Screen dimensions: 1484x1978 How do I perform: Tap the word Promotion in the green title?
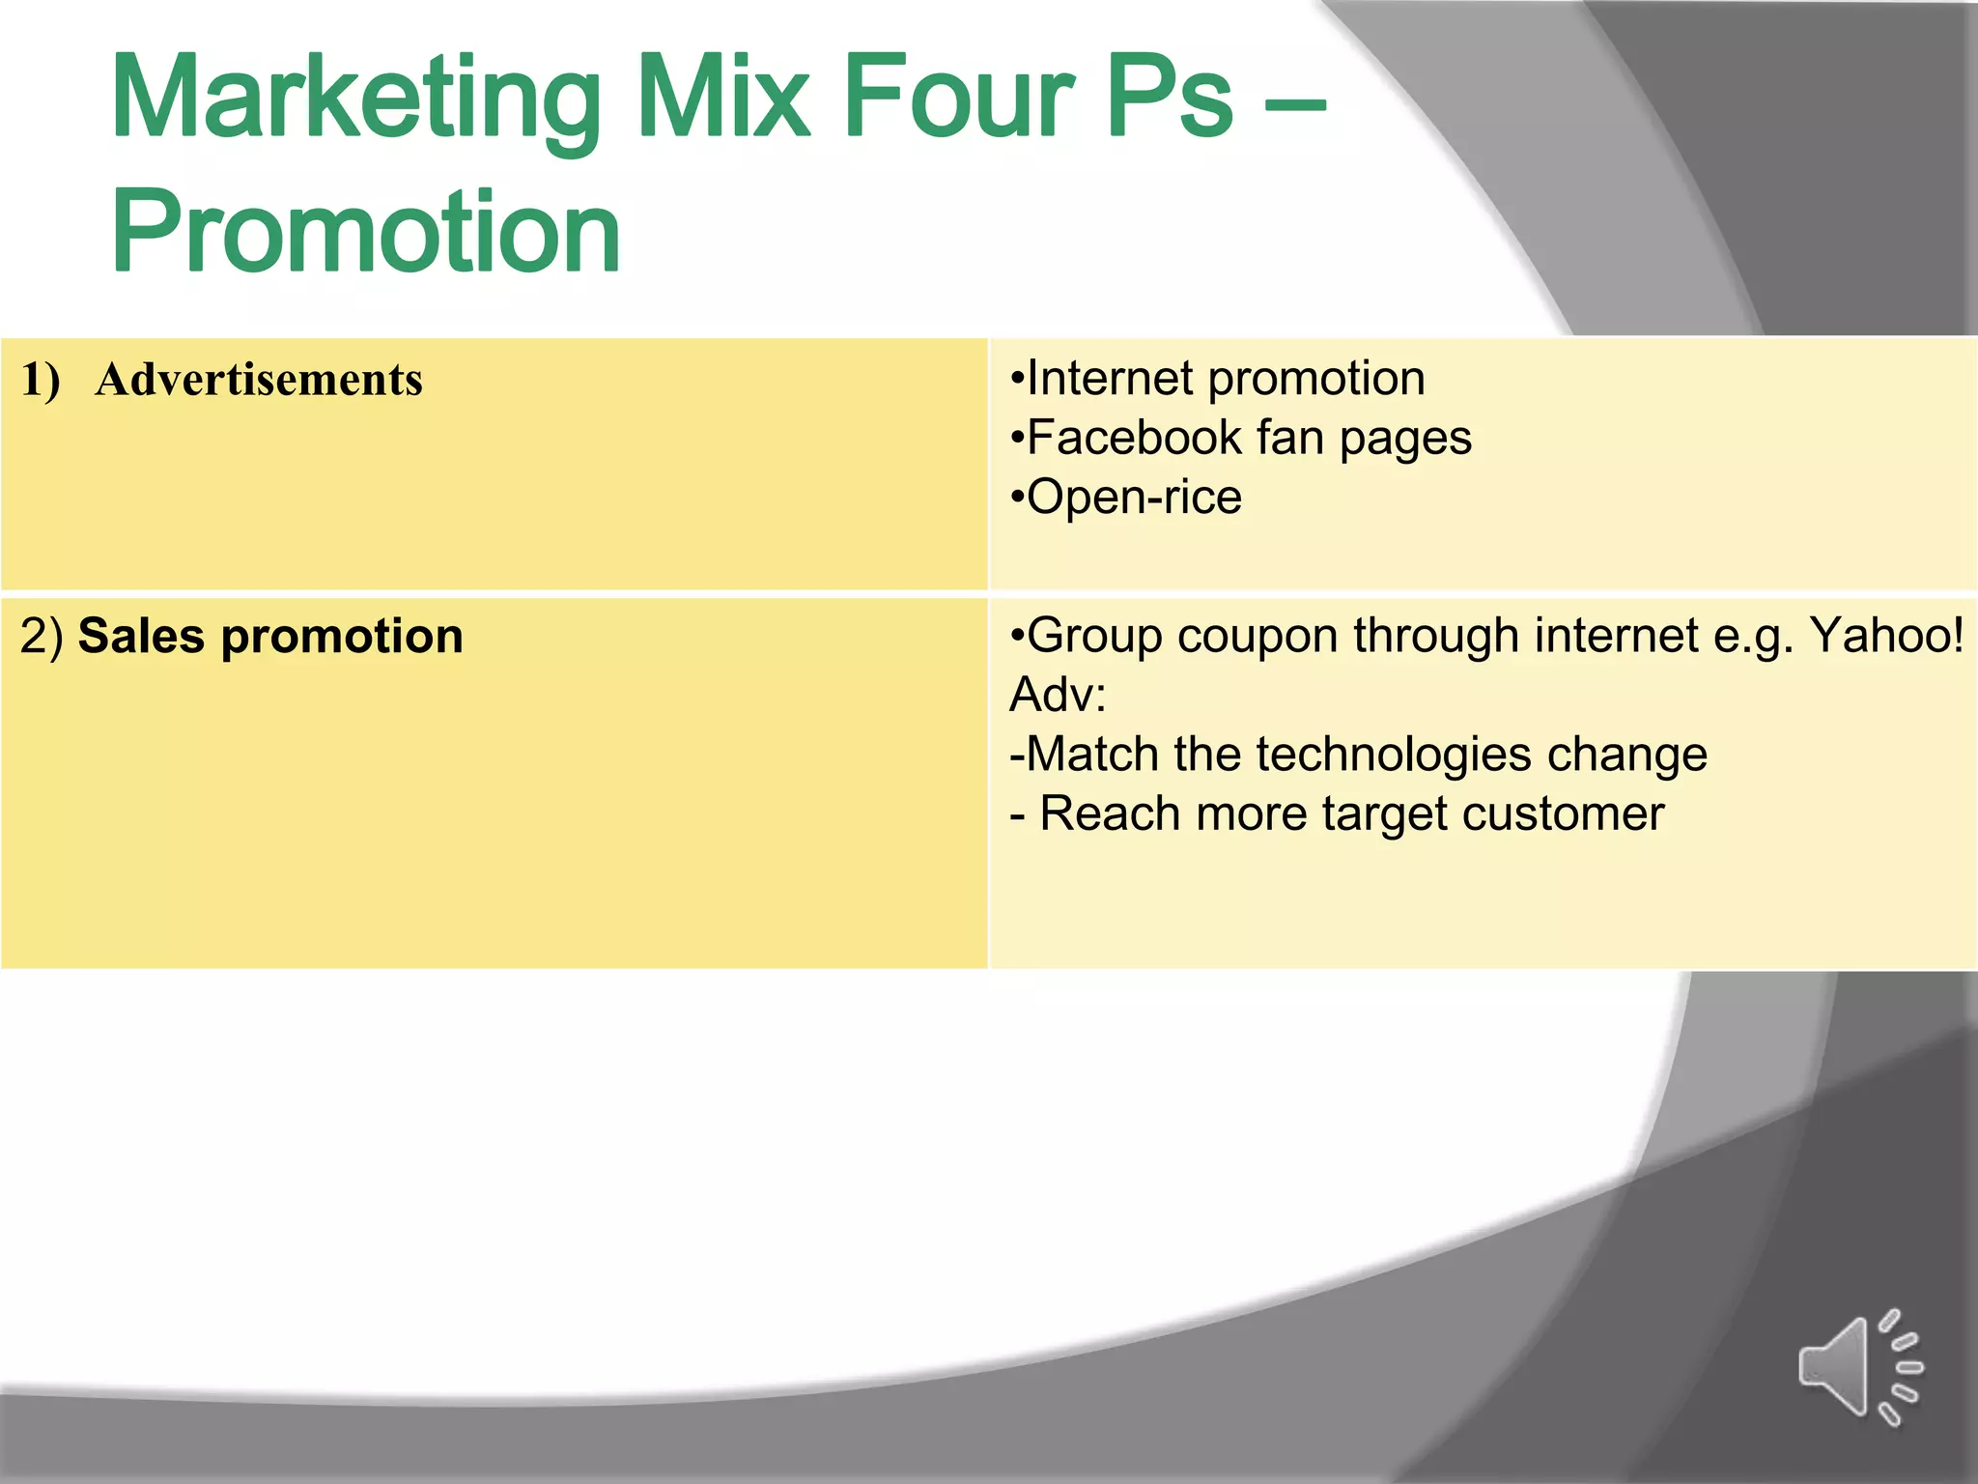366,233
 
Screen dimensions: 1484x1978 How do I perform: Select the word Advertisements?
259,380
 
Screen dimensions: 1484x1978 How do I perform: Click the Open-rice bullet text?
1127,498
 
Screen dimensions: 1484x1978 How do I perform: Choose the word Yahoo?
1885,636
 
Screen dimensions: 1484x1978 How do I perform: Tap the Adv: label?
1058,695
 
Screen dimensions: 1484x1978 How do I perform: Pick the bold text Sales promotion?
270,637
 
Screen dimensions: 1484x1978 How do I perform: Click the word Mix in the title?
723,99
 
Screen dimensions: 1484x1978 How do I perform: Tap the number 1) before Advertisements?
41,380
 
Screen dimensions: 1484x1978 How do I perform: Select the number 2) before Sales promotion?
42,637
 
